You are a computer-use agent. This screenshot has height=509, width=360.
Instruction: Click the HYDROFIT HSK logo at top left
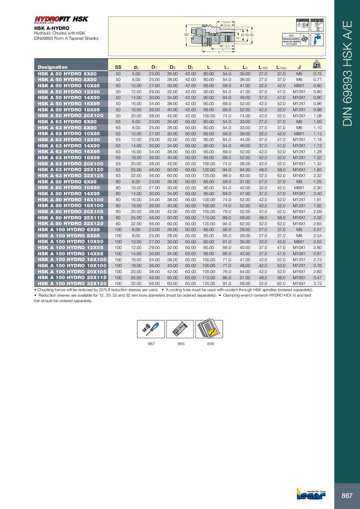click(61, 19)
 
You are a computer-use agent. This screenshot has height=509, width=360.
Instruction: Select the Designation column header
click(53, 67)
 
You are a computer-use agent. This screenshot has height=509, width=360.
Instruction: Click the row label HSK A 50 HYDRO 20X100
click(71, 116)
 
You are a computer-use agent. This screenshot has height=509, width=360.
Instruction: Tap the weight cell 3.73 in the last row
click(317, 284)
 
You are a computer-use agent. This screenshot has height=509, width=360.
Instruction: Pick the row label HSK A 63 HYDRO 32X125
click(71, 175)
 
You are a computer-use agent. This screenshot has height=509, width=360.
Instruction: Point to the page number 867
click(346, 496)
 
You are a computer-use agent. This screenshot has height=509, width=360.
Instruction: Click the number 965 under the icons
click(181, 344)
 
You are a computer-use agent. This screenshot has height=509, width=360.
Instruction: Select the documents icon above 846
click(210, 329)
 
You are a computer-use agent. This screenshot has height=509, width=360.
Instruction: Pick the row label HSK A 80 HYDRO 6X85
click(67, 181)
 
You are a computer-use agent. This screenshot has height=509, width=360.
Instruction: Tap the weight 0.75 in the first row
click(317, 73)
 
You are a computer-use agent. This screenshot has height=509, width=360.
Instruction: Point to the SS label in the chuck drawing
click(186, 34)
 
